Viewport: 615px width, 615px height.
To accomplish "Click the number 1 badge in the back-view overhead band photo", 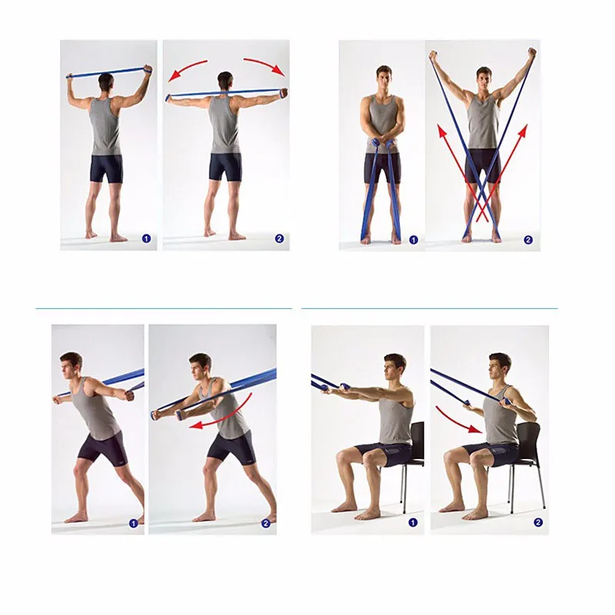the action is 146,238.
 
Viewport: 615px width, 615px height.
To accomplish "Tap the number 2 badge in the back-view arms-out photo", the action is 279,238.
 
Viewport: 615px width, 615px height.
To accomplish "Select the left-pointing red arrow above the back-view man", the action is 187,69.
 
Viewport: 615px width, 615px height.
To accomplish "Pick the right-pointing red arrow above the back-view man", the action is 264,65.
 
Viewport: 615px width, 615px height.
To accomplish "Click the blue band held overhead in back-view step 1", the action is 108,71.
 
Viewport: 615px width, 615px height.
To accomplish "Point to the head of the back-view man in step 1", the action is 106,82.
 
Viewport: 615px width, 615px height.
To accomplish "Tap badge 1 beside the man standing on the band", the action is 413,240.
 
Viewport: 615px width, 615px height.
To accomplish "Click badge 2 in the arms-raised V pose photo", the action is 528,240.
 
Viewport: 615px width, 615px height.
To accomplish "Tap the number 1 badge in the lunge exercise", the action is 133,524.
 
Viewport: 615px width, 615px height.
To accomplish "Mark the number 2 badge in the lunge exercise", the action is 265,524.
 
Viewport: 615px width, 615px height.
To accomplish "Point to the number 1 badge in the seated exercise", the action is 413,523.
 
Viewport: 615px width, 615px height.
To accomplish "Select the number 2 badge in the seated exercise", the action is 538,522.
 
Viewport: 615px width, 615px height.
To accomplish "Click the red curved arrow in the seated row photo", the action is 455,421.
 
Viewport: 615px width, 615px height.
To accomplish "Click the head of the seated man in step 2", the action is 500,367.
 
